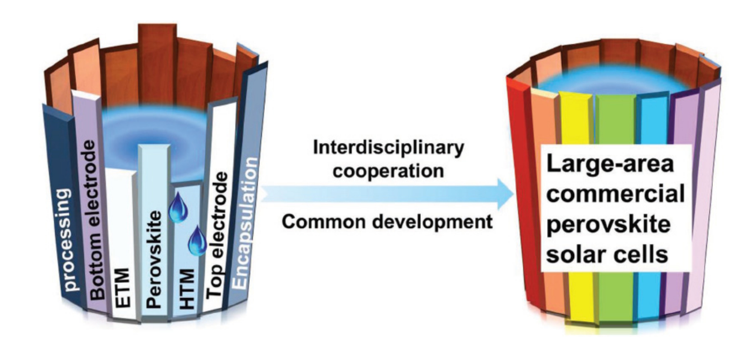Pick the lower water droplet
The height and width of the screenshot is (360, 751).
click(198, 241)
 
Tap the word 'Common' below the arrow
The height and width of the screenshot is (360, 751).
click(317, 222)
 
